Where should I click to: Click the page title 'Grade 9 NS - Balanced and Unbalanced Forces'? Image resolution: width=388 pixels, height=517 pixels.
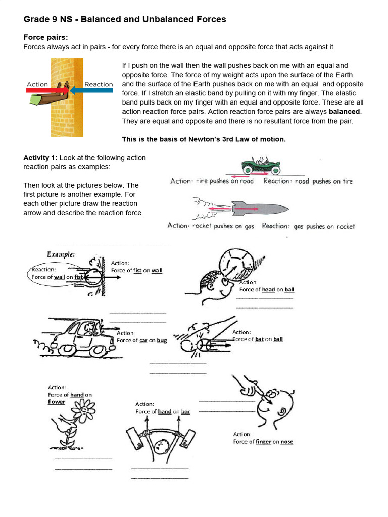coord(125,19)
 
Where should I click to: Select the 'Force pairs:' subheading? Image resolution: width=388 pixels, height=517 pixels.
coord(45,37)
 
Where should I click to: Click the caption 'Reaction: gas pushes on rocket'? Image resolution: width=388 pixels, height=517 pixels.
coord(308,226)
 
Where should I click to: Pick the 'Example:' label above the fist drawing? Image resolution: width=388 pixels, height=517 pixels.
coord(61,255)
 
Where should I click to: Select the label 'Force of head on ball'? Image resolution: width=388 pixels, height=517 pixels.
coord(266,290)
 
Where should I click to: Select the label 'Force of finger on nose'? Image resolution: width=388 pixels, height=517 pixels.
coord(263,442)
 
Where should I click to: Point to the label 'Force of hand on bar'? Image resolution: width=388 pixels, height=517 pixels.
coord(163,412)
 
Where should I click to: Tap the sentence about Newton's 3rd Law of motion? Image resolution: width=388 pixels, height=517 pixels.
coord(204,139)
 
